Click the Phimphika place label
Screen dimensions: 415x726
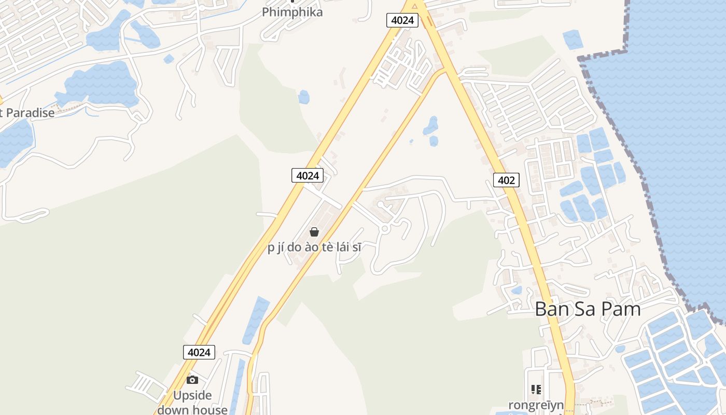pos(292,12)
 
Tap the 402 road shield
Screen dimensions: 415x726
pos(506,180)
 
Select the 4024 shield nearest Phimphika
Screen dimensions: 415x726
pos(402,20)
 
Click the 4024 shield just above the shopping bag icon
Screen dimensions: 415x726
pos(308,175)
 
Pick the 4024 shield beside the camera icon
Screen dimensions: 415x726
pos(199,352)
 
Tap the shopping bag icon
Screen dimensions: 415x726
pos(314,231)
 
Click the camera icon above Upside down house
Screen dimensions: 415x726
pos(192,380)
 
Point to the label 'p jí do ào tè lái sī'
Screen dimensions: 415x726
pos(314,247)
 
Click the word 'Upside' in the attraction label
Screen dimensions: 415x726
pos(192,396)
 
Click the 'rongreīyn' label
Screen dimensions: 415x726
pos(536,405)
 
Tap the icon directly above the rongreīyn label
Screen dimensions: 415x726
pos(536,389)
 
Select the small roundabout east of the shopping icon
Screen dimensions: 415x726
pos(385,228)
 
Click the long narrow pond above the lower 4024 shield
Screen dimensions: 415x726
pos(256,320)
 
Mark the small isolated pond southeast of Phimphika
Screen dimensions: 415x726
pos(304,97)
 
